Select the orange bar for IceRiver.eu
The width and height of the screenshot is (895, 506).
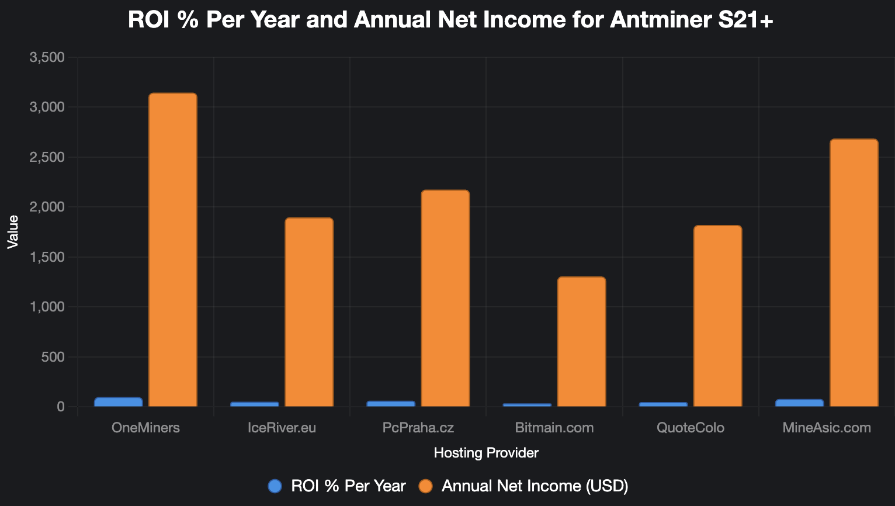309,312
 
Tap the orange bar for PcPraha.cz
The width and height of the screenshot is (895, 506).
445,298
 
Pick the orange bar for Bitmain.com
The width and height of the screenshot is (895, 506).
581,342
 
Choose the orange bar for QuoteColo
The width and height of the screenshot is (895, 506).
717,316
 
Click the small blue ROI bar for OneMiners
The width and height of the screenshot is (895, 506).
118,402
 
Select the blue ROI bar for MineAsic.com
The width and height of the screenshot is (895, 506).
799,403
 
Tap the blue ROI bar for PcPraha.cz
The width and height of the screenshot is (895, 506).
391,404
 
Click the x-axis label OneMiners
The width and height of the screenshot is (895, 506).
145,428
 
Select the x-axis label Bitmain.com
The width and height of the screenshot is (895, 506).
554,428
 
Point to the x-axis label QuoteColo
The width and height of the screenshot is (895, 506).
691,428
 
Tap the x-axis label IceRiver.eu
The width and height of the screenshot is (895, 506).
282,428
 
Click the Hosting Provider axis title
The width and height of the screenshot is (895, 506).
486,453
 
